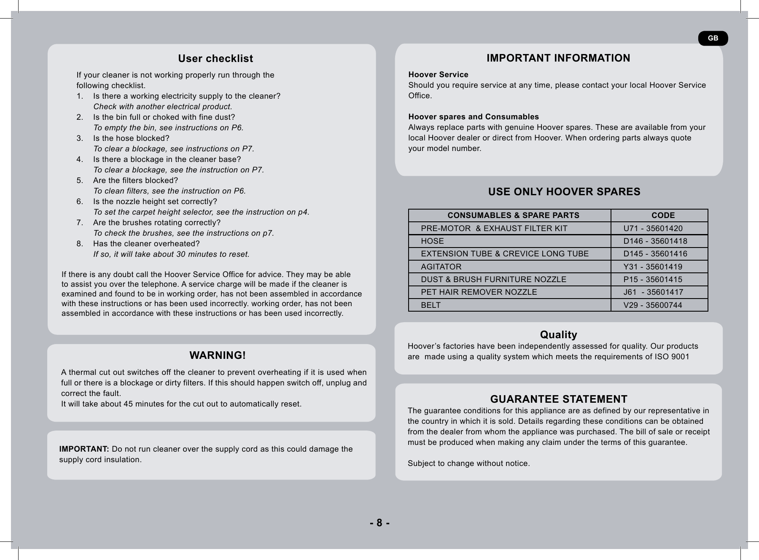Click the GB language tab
(x=713, y=38)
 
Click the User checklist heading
(x=215, y=59)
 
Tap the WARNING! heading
(x=218, y=355)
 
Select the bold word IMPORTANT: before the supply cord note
(x=84, y=449)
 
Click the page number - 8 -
(x=379, y=523)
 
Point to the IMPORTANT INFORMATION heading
(x=558, y=58)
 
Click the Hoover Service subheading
(x=438, y=75)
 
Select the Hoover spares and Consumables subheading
(x=474, y=117)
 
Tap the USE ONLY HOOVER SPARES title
(x=564, y=192)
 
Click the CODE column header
(x=663, y=215)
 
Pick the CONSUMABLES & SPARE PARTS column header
(x=513, y=215)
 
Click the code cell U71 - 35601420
(x=653, y=229)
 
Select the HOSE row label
(x=432, y=241)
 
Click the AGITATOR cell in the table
(x=441, y=267)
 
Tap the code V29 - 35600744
(x=652, y=305)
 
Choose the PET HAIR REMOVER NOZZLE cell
(x=479, y=292)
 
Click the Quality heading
(x=558, y=335)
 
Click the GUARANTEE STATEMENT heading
(x=558, y=399)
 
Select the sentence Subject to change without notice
(x=468, y=464)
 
